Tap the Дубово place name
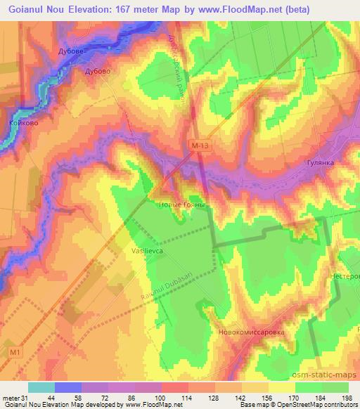click(x=98, y=71)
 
